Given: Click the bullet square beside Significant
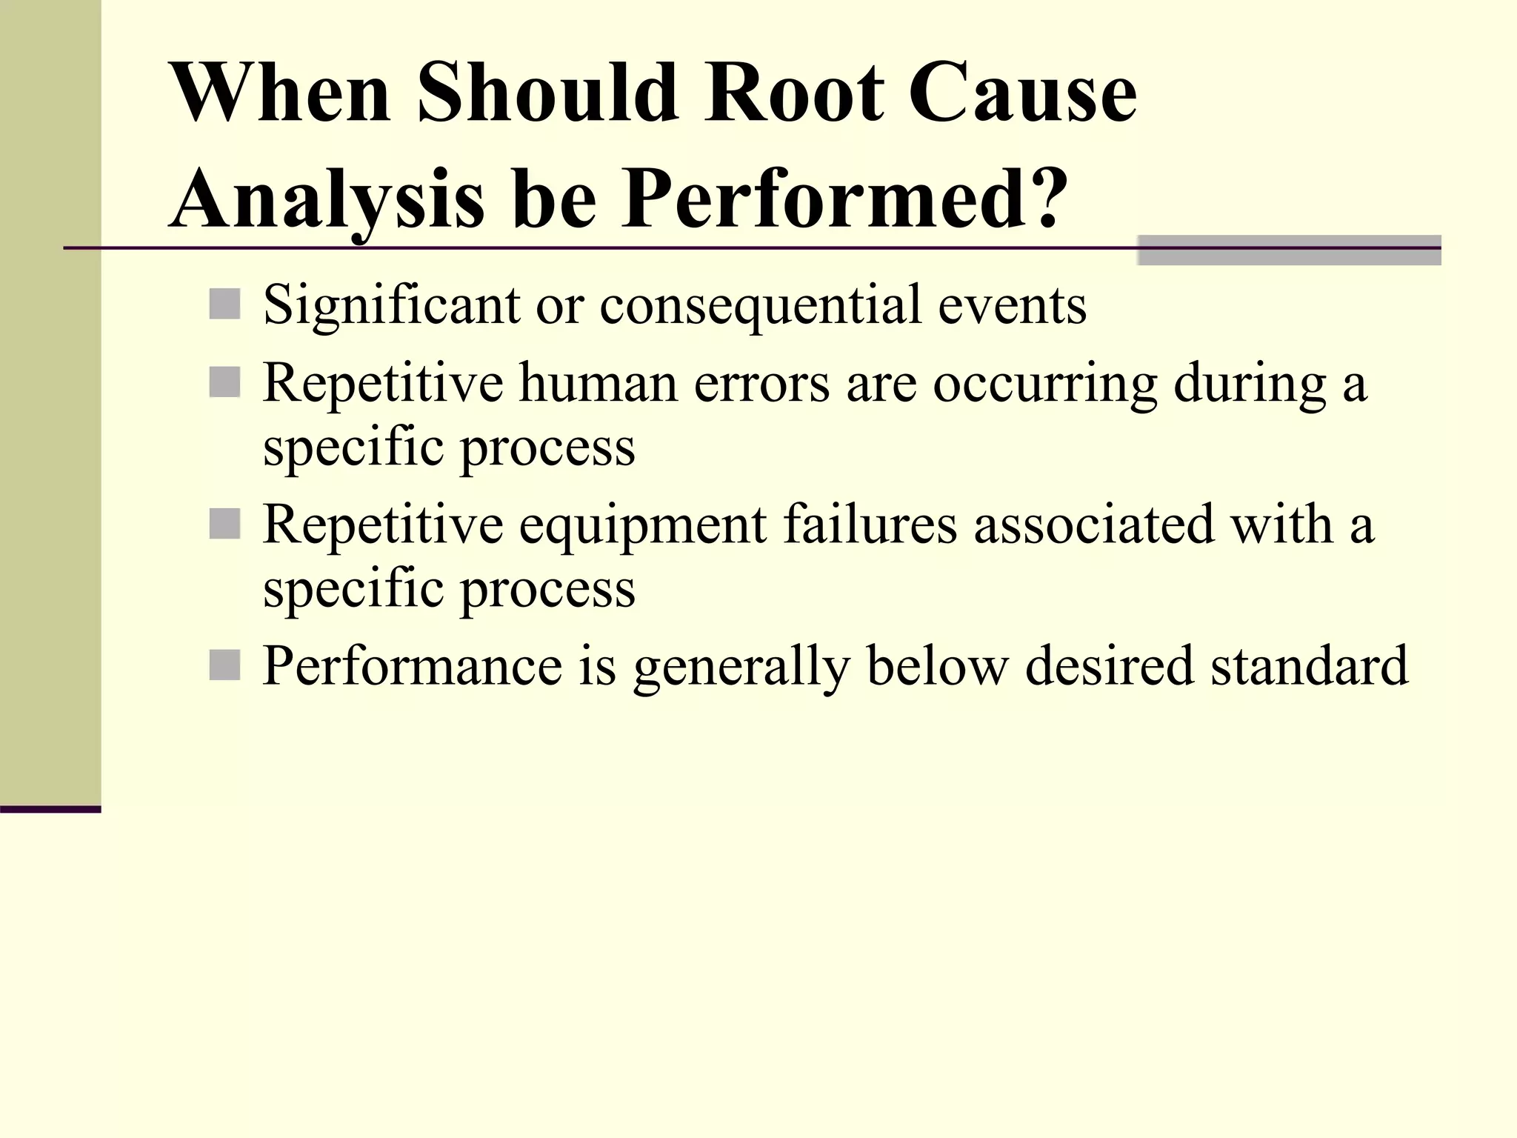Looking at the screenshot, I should [x=224, y=305].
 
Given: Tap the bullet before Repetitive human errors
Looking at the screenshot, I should [x=224, y=383].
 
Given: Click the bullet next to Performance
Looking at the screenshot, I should [x=224, y=665].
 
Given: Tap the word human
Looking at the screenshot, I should [x=598, y=384].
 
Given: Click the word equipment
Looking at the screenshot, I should [x=642, y=526].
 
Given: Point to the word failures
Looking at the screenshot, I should [x=870, y=525].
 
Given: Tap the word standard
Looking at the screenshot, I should [x=1309, y=665].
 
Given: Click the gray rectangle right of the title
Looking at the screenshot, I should [x=1289, y=250].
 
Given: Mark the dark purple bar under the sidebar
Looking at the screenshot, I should [x=50, y=809].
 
